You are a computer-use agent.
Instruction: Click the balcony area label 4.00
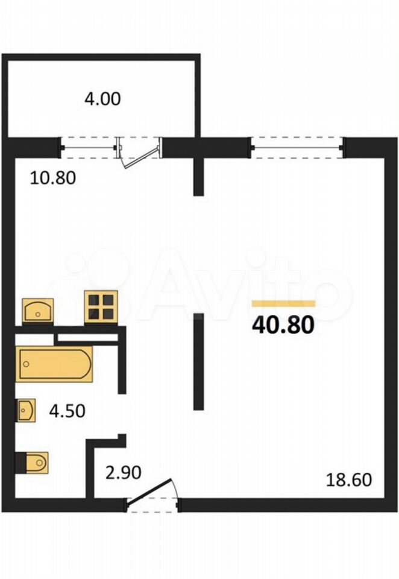(x=102, y=99)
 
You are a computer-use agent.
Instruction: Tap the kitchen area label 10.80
(x=53, y=177)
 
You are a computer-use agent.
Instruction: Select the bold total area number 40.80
(x=283, y=325)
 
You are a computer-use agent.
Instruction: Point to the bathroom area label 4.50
(x=67, y=411)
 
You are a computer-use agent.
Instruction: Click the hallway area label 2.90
(x=124, y=473)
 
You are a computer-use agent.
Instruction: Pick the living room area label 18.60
(x=349, y=480)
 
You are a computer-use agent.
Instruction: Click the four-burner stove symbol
(x=101, y=306)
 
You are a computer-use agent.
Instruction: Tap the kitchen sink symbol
(x=37, y=311)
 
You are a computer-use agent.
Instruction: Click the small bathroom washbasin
(x=26, y=410)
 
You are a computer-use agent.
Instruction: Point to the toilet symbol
(x=32, y=462)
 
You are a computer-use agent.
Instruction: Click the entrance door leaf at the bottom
(x=149, y=490)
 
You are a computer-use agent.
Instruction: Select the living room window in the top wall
(x=298, y=148)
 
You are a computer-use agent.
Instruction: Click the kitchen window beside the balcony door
(x=88, y=148)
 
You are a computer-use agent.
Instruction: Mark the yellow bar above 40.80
(x=283, y=304)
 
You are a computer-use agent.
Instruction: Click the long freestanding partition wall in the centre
(x=198, y=361)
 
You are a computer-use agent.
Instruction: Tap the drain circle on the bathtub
(x=26, y=364)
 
